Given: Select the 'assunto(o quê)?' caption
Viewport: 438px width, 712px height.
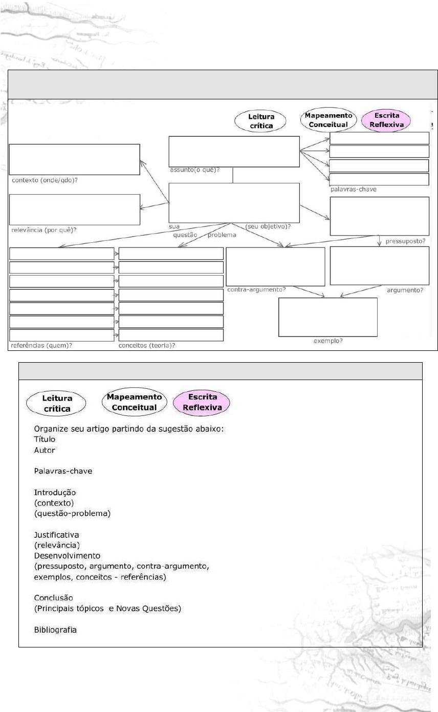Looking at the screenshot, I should click(195, 170).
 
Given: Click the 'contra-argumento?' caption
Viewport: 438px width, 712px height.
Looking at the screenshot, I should click(256, 290).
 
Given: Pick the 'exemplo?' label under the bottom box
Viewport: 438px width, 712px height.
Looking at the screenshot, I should click(327, 341).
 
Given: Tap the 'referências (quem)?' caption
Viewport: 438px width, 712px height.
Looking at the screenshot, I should click(41, 345).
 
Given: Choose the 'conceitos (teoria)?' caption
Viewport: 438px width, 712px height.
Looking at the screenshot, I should click(147, 345).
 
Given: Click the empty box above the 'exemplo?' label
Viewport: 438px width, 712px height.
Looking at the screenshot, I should click(327, 317).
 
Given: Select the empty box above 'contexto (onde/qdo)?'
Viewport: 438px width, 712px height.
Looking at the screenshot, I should click(74, 159).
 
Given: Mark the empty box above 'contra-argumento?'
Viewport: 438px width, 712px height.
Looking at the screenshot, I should click(275, 266).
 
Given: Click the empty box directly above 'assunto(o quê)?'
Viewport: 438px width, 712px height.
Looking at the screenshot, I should click(234, 151).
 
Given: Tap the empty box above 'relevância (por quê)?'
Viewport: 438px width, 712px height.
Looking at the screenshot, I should click(74, 210).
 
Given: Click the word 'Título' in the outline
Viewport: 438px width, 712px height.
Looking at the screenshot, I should click(45, 439).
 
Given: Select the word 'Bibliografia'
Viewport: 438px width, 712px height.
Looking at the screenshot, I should click(55, 630).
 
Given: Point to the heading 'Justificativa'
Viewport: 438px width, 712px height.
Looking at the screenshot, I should click(56, 535).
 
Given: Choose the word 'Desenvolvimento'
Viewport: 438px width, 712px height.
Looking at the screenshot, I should click(67, 555).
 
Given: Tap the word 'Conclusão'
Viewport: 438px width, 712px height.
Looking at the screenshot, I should click(53, 598).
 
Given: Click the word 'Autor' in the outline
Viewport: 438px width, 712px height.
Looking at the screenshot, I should click(44, 450).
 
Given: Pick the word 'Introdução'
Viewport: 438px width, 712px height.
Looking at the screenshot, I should click(55, 492).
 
